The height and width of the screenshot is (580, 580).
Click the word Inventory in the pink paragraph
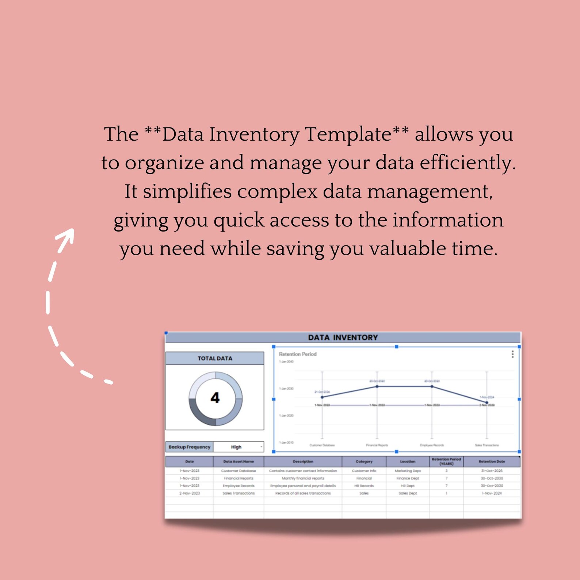(x=254, y=134)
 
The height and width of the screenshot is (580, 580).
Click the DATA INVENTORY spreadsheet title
(x=343, y=337)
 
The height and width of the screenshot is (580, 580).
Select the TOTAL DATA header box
(x=215, y=358)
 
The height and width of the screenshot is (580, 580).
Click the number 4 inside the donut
(x=215, y=398)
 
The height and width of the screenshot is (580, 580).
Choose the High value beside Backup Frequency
(x=236, y=447)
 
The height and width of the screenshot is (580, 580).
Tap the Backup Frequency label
(x=189, y=447)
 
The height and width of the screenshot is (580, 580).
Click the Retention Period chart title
(x=298, y=354)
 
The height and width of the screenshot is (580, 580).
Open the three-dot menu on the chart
(x=512, y=354)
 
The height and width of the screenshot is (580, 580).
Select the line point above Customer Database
(x=322, y=397)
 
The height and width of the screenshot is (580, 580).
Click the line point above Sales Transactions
(x=486, y=402)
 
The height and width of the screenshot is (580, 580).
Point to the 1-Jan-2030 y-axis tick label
(x=286, y=389)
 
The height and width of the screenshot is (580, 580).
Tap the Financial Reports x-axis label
(x=377, y=445)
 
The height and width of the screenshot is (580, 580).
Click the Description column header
(x=303, y=461)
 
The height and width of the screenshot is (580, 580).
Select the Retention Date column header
(x=492, y=461)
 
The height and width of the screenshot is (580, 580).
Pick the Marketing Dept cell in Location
(x=408, y=471)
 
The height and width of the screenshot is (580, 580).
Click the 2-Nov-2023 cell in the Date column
(x=189, y=493)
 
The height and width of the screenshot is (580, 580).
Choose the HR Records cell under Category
(x=364, y=486)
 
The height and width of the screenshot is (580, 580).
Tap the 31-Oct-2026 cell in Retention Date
(x=492, y=471)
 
